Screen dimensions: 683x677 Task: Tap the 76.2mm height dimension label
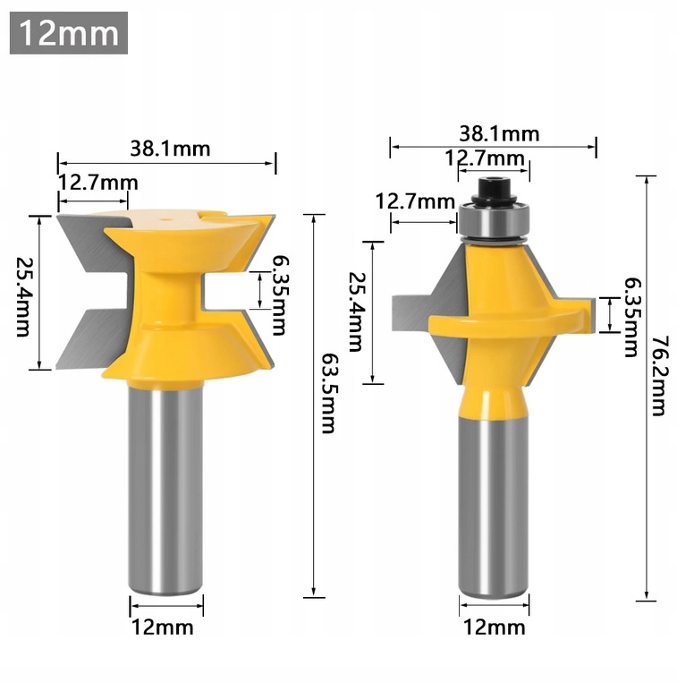point(659,376)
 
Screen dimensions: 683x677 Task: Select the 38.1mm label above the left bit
point(170,149)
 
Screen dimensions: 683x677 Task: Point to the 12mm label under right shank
point(495,627)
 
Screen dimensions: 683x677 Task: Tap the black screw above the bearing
point(494,188)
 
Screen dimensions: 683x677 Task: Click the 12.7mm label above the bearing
point(485,158)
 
